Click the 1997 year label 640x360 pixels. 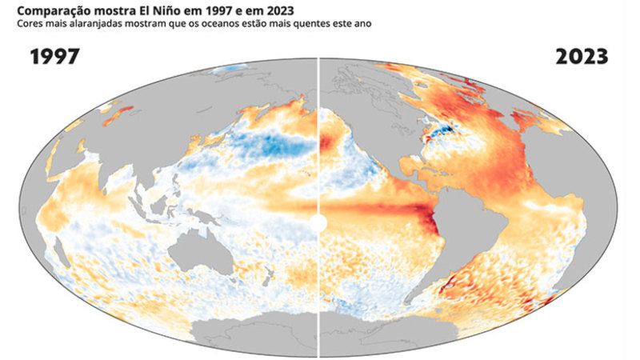tap(54, 57)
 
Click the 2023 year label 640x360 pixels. tap(582, 57)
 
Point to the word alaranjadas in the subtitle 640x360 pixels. tap(102, 24)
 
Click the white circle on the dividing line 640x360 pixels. tap(318, 223)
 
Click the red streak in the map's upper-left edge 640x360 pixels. tap(118, 114)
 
